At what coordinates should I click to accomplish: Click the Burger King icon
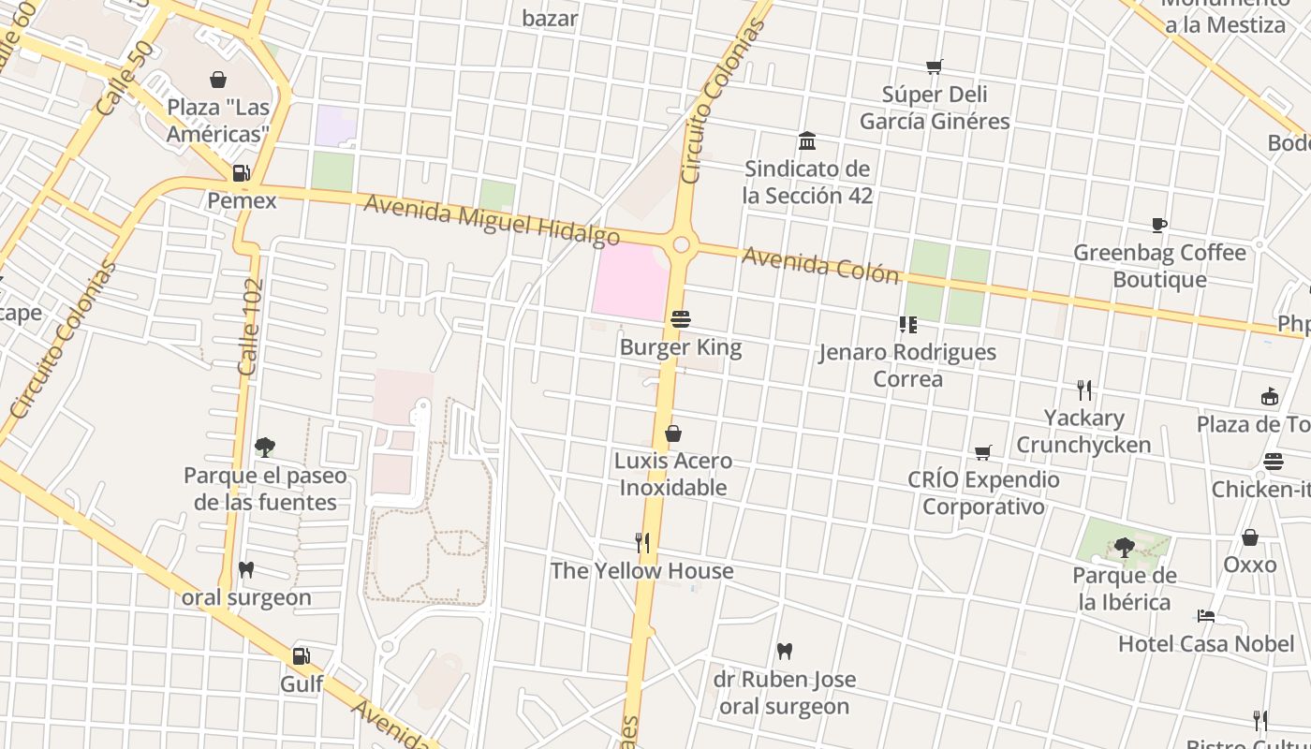click(x=681, y=319)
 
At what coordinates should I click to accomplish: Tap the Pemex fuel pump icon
click(x=241, y=173)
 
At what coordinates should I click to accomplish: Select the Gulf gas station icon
click(x=301, y=656)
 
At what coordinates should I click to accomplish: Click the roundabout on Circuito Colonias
click(x=681, y=245)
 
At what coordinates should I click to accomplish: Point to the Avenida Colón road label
click(x=820, y=265)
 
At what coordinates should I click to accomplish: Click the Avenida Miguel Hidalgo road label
click(x=491, y=221)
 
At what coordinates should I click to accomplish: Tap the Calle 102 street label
click(x=249, y=327)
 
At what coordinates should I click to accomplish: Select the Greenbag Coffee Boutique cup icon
click(x=1158, y=225)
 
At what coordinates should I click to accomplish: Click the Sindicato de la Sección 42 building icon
click(x=806, y=141)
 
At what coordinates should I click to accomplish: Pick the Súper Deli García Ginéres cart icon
click(x=934, y=66)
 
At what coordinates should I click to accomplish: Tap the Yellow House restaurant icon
click(x=642, y=543)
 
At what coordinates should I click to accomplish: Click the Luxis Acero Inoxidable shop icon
click(x=672, y=433)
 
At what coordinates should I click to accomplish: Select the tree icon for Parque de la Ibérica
click(x=1124, y=548)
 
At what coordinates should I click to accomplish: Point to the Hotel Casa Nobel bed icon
click(x=1206, y=616)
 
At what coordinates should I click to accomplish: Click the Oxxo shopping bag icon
click(x=1249, y=537)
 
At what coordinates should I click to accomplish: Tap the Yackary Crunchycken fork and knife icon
click(x=1083, y=389)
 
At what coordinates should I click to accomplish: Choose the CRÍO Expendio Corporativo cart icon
click(x=982, y=452)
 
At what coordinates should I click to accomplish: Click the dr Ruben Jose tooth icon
click(x=785, y=651)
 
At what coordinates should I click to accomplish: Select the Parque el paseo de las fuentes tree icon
click(x=264, y=448)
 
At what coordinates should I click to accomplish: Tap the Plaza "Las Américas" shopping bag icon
click(x=218, y=80)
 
